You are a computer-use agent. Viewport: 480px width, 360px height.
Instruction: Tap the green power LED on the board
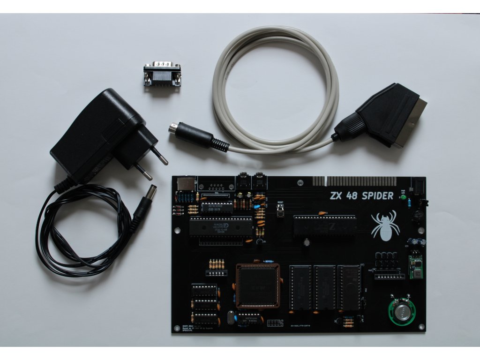pos(403,197)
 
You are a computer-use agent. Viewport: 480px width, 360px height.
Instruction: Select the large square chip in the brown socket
pos(258,285)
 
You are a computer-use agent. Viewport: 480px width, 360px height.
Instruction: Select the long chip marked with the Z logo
pos(324,226)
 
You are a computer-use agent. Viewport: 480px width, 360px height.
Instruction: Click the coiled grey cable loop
pos(277,89)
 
